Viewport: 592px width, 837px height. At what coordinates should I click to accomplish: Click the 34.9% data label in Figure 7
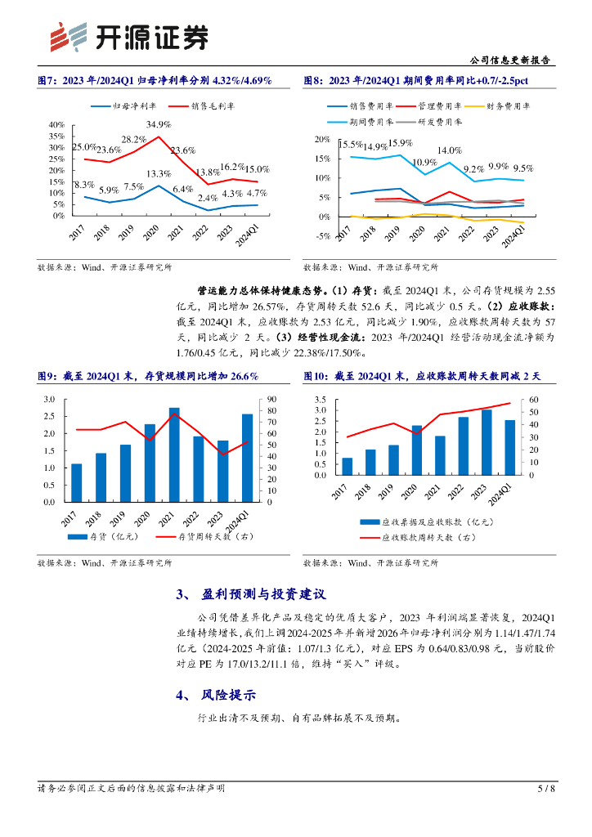pos(159,124)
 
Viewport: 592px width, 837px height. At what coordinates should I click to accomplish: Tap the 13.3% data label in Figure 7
pos(159,174)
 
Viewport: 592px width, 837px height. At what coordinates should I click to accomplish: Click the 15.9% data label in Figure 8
pos(400,144)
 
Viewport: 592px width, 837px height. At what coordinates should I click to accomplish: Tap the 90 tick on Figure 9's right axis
pos(271,400)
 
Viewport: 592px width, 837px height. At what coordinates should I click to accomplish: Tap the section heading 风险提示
pos(228,696)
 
